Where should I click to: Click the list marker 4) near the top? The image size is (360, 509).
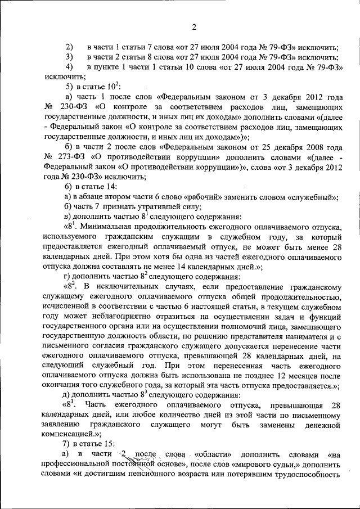coord(70,67)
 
